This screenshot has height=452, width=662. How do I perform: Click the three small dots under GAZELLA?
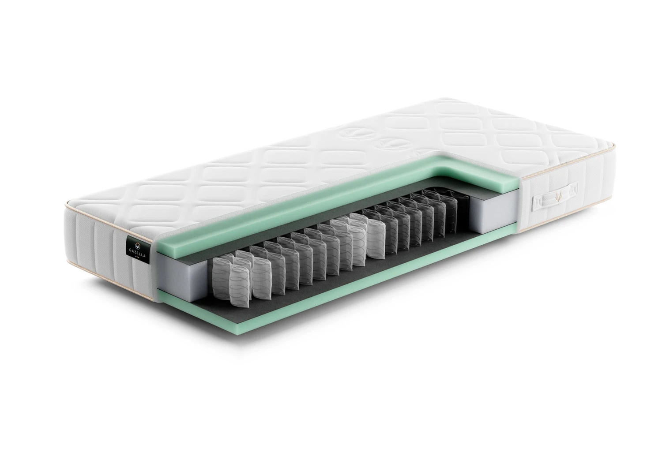click(x=137, y=259)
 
